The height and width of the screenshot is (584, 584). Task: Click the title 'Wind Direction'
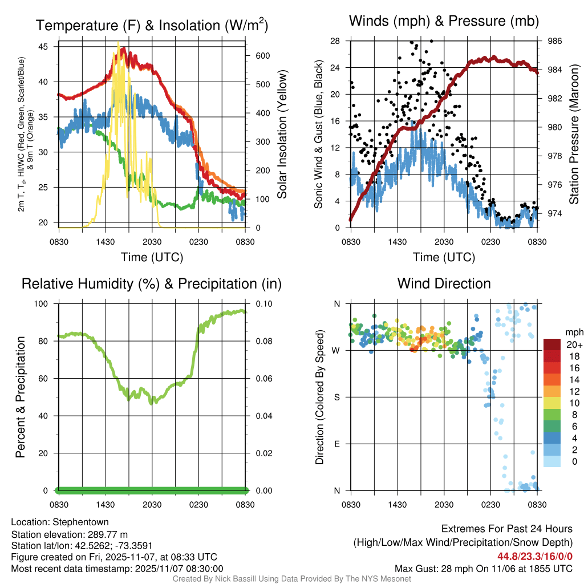[x=444, y=283]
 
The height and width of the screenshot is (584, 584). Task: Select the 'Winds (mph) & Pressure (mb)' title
[x=444, y=21]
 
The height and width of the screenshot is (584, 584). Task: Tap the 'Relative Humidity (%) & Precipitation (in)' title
[x=152, y=283]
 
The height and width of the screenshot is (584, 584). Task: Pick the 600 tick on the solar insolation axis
[x=262, y=56]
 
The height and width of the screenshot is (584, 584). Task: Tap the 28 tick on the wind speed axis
[x=335, y=41]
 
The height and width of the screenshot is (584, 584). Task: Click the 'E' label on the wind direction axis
[x=336, y=444]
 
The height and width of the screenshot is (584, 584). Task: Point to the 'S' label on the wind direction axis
[x=336, y=397]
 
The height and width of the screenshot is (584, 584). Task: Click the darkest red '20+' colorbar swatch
[x=552, y=344]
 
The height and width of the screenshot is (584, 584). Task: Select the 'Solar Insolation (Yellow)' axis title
[x=282, y=134]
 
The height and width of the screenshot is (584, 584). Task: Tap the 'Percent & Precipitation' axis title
[x=20, y=397]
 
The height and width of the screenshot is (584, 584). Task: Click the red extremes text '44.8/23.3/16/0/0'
[x=535, y=557]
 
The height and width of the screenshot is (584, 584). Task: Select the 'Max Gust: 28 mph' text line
[x=484, y=569]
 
